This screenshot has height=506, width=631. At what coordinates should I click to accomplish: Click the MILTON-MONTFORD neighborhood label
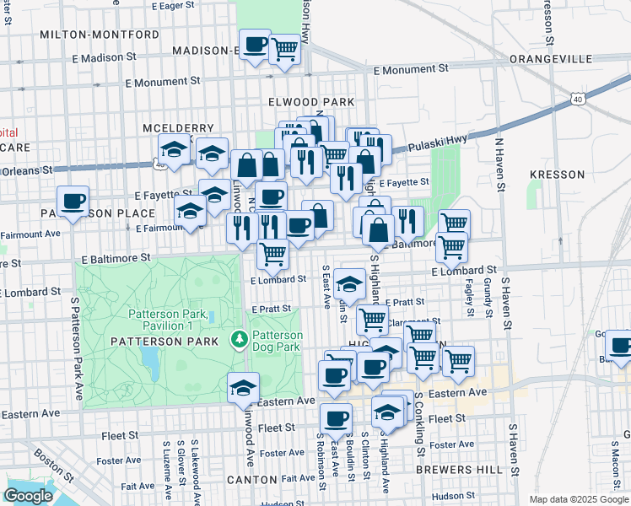[x=100, y=35]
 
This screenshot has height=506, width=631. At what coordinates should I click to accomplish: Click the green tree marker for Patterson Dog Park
[x=239, y=339]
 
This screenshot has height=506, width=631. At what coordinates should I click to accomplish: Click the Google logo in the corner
[x=28, y=495]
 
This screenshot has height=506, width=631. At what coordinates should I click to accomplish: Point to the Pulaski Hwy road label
[x=438, y=145]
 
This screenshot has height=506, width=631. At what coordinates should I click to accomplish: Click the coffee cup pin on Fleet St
[x=336, y=417]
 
